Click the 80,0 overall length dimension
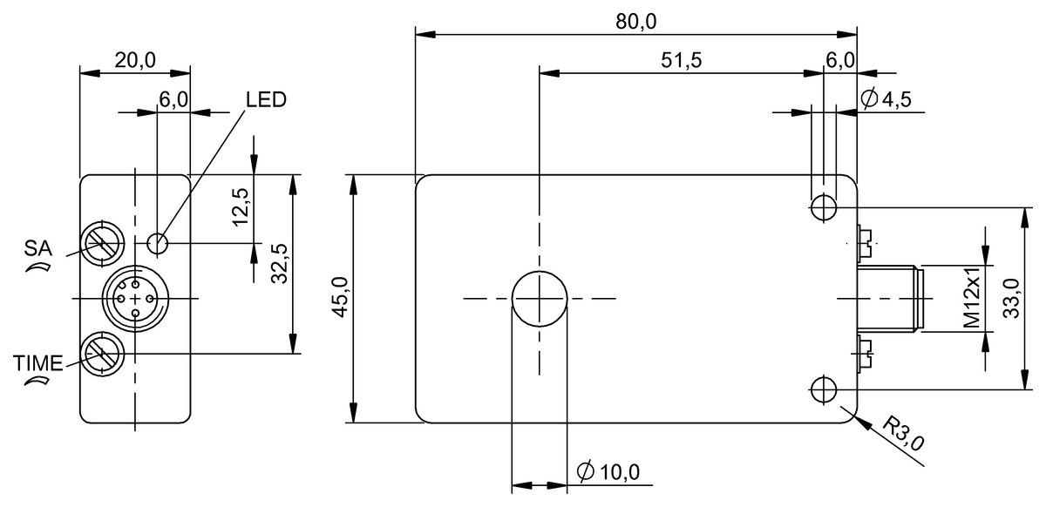click(x=635, y=22)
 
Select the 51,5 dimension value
click(x=681, y=60)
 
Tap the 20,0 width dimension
click(x=135, y=60)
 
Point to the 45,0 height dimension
click(x=341, y=297)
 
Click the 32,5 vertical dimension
click(x=280, y=263)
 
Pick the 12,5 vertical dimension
click(x=241, y=207)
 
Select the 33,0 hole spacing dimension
click(x=1011, y=298)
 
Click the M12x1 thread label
click(x=972, y=298)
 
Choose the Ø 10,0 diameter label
click(x=608, y=472)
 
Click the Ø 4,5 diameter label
click(x=886, y=99)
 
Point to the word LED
click(x=266, y=99)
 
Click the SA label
click(x=38, y=248)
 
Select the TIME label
click(x=37, y=363)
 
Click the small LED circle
click(x=158, y=243)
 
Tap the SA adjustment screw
click(x=102, y=244)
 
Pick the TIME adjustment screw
click(x=102, y=354)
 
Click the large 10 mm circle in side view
click(x=540, y=298)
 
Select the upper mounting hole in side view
click(x=824, y=206)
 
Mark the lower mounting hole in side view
click(x=824, y=389)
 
